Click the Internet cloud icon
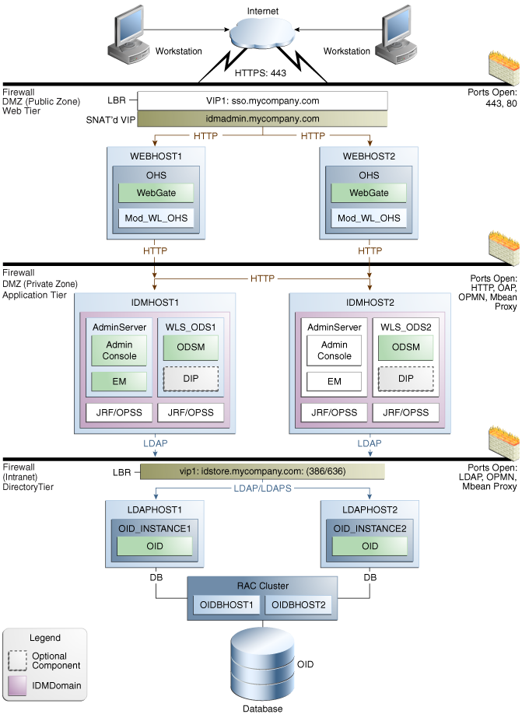click(x=262, y=31)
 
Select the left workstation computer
click(x=128, y=35)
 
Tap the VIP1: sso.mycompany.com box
click(x=262, y=100)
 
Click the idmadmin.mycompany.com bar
click(x=262, y=119)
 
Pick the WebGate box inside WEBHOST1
click(x=156, y=193)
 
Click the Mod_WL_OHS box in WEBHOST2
click(x=369, y=218)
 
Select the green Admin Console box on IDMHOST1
click(x=119, y=350)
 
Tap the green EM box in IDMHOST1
click(x=119, y=382)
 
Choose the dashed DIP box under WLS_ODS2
click(x=406, y=379)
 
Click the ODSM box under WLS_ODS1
click(x=191, y=348)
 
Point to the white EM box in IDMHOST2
click(x=334, y=382)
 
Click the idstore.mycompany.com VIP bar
click(x=262, y=471)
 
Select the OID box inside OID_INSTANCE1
click(x=154, y=546)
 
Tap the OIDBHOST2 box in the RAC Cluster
click(x=299, y=604)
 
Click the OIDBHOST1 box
click(x=226, y=604)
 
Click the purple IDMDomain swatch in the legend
click(x=17, y=686)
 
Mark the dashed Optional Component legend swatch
click(x=17, y=661)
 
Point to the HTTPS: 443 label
click(x=261, y=73)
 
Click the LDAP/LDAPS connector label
click(x=262, y=488)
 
